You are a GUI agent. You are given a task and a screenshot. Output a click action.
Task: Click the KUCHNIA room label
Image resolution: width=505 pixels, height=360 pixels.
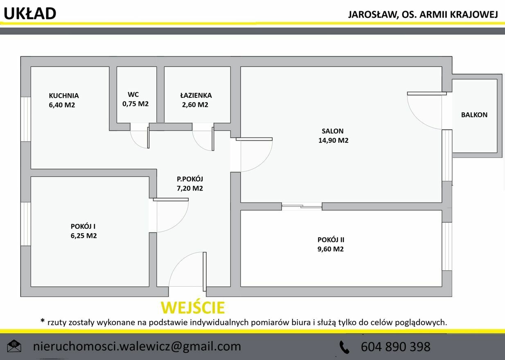(64, 96)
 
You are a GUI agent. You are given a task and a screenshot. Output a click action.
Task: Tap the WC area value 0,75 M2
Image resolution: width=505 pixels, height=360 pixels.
(135, 103)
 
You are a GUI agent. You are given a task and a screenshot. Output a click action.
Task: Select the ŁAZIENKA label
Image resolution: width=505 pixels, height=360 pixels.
(196, 95)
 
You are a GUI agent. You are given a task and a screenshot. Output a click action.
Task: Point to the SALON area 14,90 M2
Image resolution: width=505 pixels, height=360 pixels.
(333, 140)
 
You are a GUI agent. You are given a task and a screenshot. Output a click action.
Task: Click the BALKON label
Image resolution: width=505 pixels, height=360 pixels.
(474, 115)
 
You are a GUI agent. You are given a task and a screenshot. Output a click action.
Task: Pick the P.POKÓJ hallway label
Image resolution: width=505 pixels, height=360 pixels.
(190, 179)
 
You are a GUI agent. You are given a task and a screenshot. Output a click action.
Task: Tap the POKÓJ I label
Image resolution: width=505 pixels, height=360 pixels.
(83, 226)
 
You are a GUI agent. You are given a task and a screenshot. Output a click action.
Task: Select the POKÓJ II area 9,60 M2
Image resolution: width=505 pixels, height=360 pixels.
(331, 249)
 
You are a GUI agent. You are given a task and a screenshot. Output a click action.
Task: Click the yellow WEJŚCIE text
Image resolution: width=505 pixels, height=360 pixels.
(193, 307)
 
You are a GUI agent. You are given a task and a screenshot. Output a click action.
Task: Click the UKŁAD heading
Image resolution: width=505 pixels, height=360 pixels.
(30, 13)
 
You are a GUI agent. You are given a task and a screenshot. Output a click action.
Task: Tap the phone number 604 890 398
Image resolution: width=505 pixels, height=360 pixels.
(396, 346)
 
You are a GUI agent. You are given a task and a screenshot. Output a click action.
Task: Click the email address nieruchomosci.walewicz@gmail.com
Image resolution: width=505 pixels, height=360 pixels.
(137, 346)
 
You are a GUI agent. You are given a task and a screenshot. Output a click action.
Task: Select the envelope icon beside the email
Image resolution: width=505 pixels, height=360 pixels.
(14, 346)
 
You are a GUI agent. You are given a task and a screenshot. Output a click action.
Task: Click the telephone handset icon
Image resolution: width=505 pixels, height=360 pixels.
(345, 347)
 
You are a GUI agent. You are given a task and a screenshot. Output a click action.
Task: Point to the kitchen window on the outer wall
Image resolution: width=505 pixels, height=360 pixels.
(26, 119)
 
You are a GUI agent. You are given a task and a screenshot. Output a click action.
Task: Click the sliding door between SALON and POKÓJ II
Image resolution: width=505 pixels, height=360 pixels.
(302, 206)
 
